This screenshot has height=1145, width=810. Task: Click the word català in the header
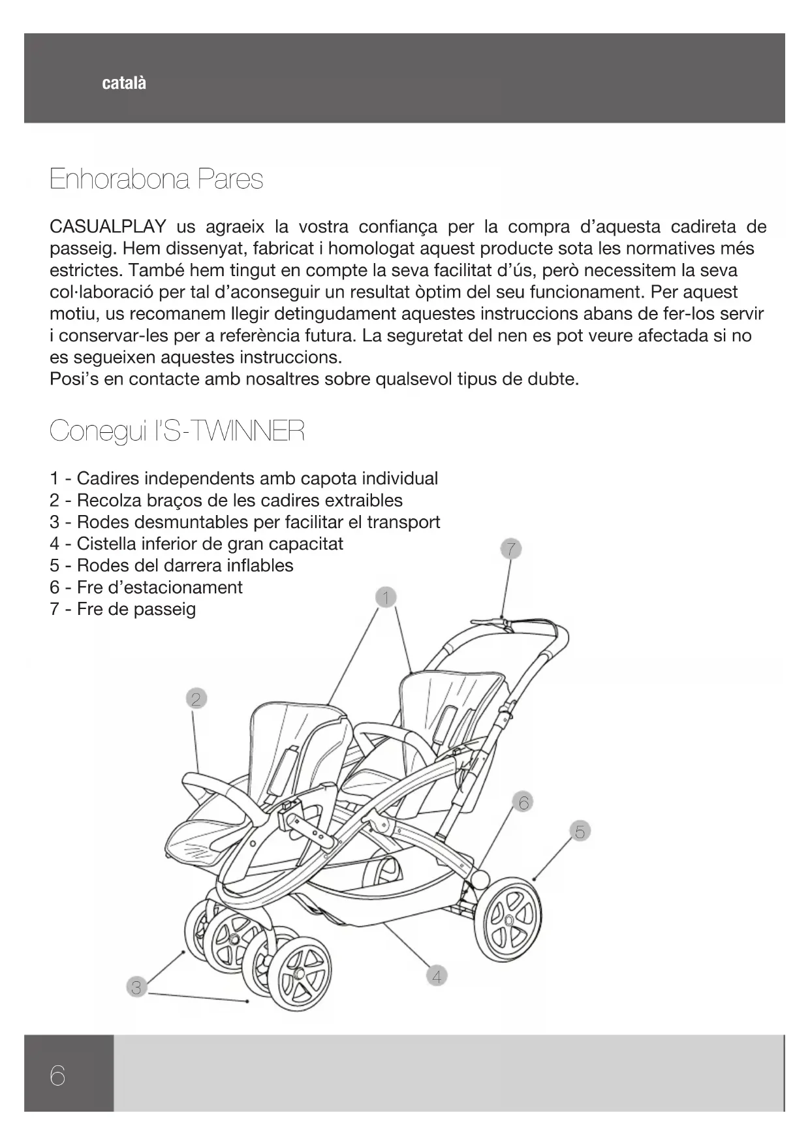(x=124, y=84)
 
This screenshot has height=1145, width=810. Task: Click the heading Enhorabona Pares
(x=156, y=180)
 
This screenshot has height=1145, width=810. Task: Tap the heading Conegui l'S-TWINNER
(x=177, y=431)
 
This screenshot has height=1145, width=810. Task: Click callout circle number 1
(x=386, y=597)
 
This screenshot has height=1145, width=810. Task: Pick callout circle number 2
(x=195, y=699)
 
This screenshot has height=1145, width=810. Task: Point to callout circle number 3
(x=136, y=988)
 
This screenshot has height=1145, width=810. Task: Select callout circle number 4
(x=437, y=977)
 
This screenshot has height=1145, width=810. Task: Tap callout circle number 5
(x=580, y=832)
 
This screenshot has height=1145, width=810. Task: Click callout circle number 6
(x=523, y=802)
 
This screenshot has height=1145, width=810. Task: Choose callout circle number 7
(x=511, y=549)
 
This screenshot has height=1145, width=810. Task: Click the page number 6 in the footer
(x=57, y=1075)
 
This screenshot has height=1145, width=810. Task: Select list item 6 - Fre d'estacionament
(x=146, y=588)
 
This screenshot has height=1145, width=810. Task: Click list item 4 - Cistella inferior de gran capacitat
(x=196, y=544)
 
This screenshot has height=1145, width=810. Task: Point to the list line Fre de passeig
(x=136, y=610)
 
